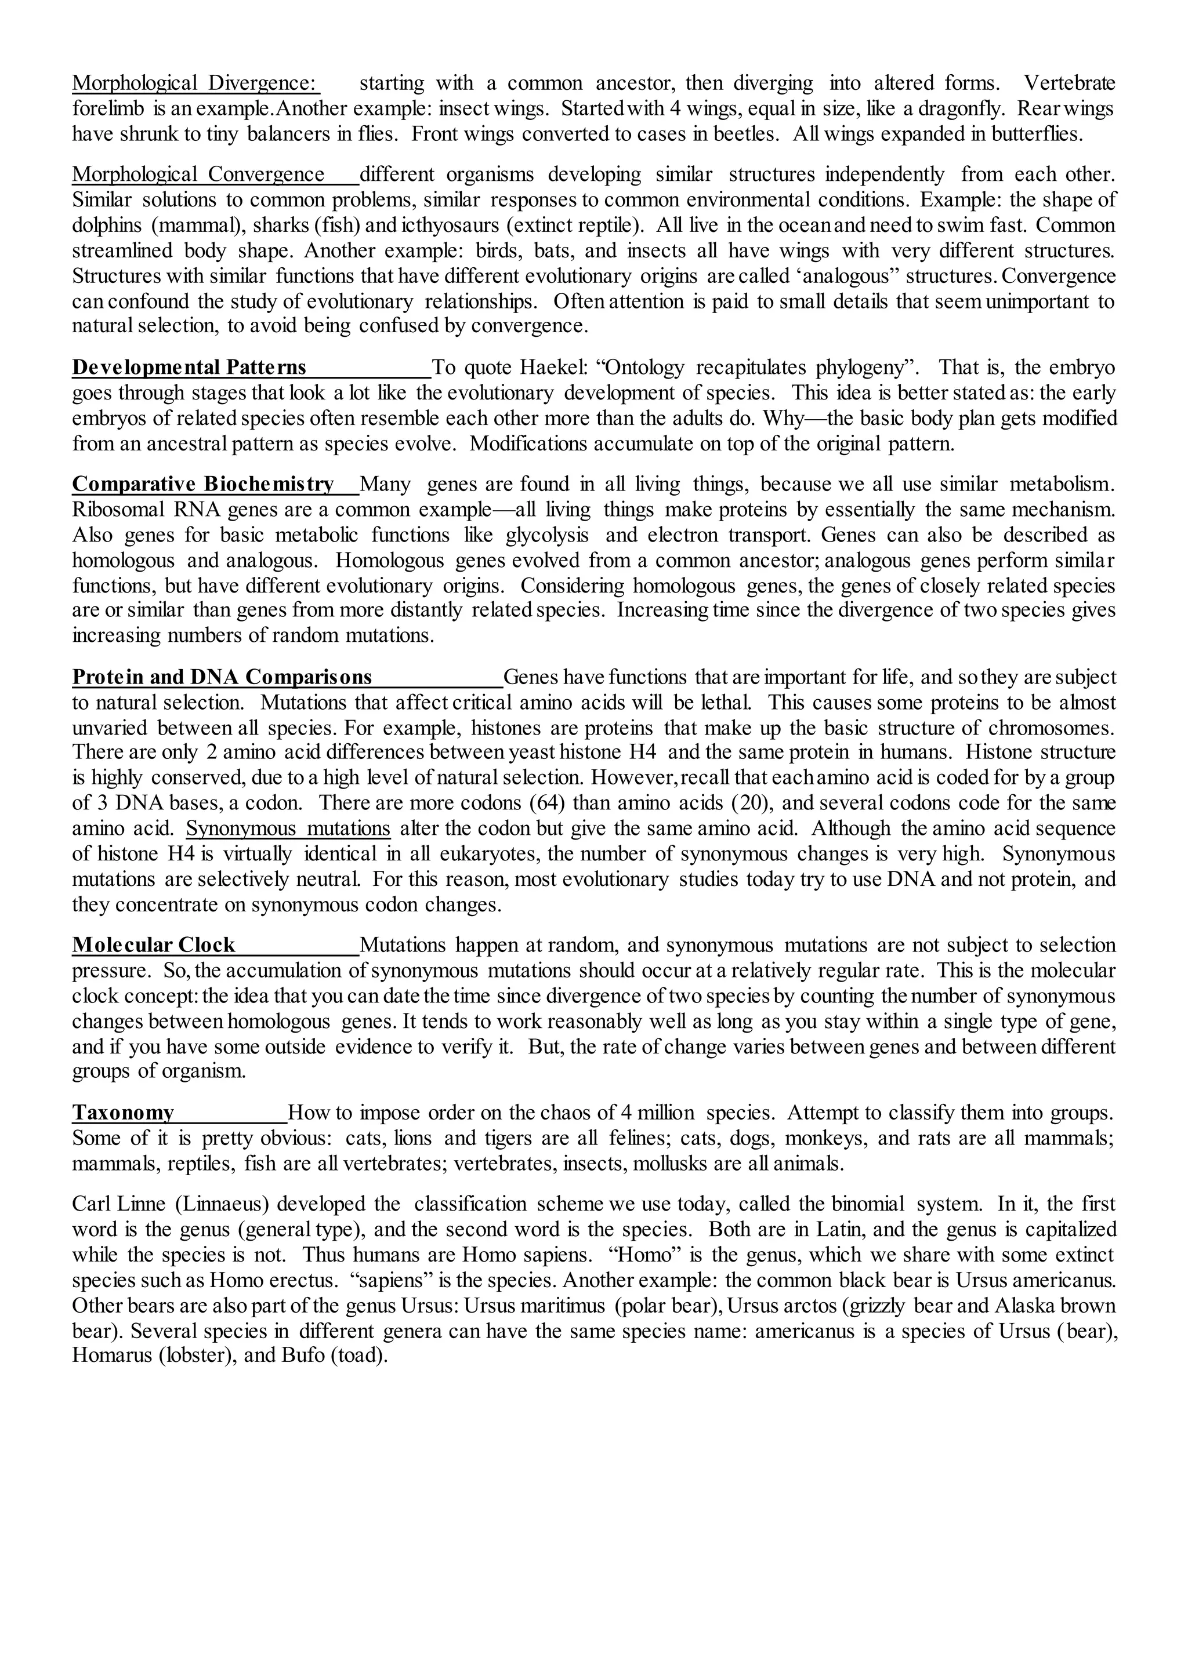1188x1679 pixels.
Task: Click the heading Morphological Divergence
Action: (x=195, y=83)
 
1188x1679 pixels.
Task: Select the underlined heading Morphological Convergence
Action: (x=198, y=175)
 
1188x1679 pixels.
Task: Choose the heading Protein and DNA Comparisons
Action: (x=222, y=677)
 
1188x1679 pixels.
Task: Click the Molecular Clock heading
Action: (x=154, y=946)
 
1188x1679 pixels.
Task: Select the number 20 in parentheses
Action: (x=751, y=803)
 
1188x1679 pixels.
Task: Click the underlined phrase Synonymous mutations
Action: (x=288, y=828)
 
